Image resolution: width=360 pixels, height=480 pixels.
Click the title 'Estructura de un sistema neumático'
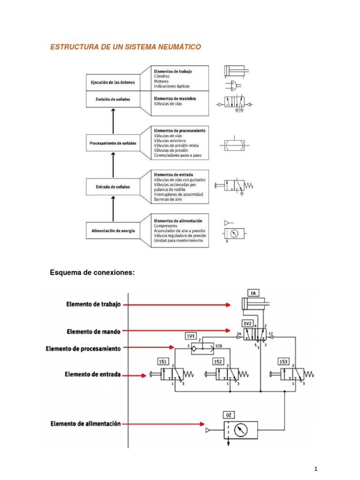tap(126, 47)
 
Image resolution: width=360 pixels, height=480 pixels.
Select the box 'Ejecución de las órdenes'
tap(112, 82)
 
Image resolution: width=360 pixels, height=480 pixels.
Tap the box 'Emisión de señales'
tap(112, 99)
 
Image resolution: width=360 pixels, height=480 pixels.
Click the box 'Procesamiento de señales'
tap(112, 143)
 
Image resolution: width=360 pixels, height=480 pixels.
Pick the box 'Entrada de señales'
tap(112, 187)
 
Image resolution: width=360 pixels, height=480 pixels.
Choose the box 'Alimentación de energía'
tap(112, 230)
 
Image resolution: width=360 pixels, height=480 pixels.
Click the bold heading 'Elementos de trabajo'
tap(173, 71)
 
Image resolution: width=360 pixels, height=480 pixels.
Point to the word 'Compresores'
tap(165, 226)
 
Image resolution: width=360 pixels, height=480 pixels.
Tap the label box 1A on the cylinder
tap(253, 293)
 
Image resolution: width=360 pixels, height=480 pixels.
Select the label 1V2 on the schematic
tap(247, 323)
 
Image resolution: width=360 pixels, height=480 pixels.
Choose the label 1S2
tap(217, 361)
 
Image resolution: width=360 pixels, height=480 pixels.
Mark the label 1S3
tap(283, 361)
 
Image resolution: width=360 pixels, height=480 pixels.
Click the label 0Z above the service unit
tap(228, 415)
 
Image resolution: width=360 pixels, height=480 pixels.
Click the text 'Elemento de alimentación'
tap(86, 424)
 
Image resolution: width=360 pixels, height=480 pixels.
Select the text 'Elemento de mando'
tap(93, 331)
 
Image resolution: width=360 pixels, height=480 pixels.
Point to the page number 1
tap(316, 469)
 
